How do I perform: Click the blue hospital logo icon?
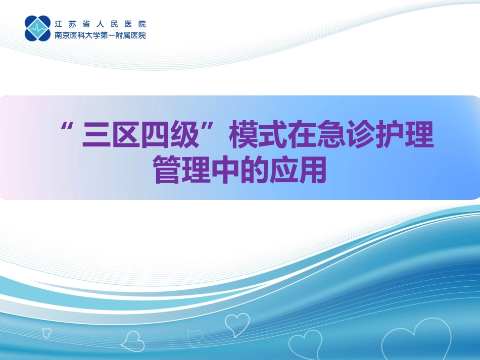coord(37,28)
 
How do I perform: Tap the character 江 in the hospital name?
coord(59,23)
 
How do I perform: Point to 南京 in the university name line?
coord(62,35)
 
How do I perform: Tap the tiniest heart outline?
coord(46,333)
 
